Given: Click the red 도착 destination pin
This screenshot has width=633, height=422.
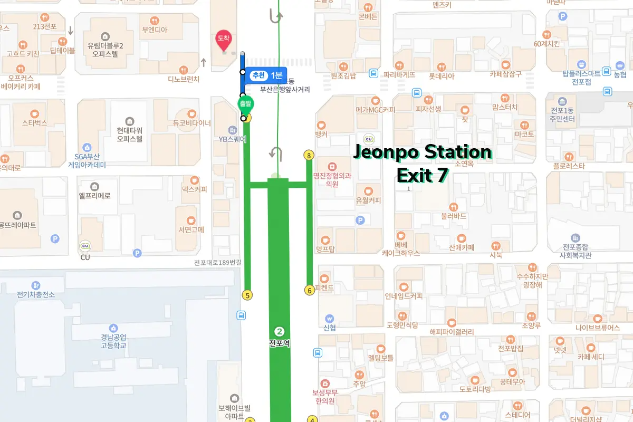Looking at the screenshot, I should pos(224,39).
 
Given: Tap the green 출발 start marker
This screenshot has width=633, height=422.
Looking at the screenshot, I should pos(244,104).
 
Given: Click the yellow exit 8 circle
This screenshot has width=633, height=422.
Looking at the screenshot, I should pos(309,155).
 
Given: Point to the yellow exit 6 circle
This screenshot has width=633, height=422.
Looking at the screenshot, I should pos(310,290).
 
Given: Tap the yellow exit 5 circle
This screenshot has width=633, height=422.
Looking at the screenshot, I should pos(247,295).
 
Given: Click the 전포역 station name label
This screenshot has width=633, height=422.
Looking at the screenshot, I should pos(279,343).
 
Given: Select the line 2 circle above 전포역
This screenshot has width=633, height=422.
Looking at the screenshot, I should pos(280,331).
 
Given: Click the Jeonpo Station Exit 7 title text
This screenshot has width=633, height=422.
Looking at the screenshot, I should pos(422,164).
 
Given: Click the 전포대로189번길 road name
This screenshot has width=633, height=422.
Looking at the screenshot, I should pos(217,263).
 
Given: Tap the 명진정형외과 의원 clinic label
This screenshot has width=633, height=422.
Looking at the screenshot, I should pos(332,180).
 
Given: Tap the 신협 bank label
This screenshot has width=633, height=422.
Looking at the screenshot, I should pos(330,327).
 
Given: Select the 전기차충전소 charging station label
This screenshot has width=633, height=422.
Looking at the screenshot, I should pos(35,294).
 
